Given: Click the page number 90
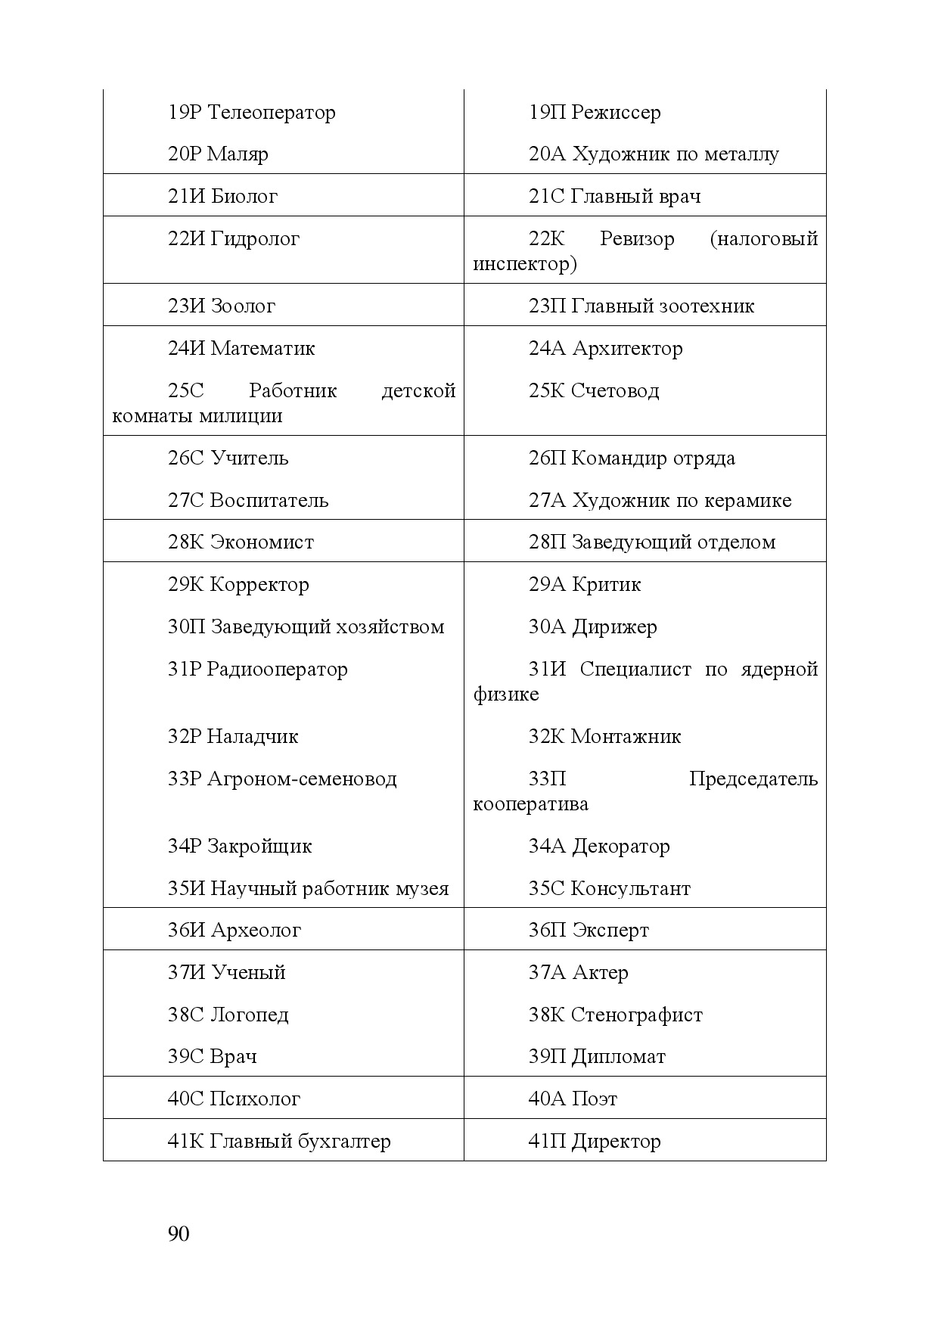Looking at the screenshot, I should tap(179, 1234).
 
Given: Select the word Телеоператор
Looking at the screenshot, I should tap(271, 113).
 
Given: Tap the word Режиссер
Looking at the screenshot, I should tap(616, 113).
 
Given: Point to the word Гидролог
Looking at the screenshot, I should tap(255, 239).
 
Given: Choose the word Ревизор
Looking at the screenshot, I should tap(637, 239).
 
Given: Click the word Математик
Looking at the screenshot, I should tap(262, 349).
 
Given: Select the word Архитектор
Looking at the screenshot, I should tap(627, 349).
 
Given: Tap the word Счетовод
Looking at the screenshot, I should tap(615, 391).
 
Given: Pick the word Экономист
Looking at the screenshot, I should tap(262, 542).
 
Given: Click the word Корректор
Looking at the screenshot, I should tap(259, 585).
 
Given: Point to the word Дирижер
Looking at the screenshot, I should tap(614, 627).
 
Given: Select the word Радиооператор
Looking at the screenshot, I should tap(278, 670).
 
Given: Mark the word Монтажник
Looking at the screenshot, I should tap(626, 737).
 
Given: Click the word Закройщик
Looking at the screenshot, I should tap(259, 847).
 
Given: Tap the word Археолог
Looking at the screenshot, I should tap(256, 931).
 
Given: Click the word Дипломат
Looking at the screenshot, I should tap(619, 1057).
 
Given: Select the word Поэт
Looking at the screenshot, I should tap(595, 1099).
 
